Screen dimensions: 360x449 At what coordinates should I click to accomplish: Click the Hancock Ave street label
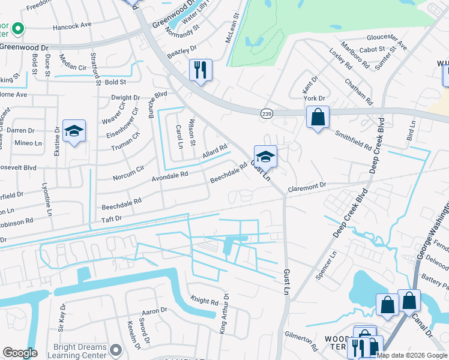71,25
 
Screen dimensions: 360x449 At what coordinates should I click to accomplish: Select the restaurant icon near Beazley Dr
200,70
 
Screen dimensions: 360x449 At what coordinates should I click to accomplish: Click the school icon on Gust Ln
265,157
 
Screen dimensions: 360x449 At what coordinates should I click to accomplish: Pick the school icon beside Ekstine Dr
74,131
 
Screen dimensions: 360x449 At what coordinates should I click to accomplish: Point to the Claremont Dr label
306,186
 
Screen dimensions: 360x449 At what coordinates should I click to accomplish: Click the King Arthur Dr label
223,313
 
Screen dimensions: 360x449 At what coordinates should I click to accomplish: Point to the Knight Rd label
204,301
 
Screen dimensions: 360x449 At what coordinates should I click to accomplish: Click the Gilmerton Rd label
301,341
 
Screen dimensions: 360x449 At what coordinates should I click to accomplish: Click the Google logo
20,353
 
